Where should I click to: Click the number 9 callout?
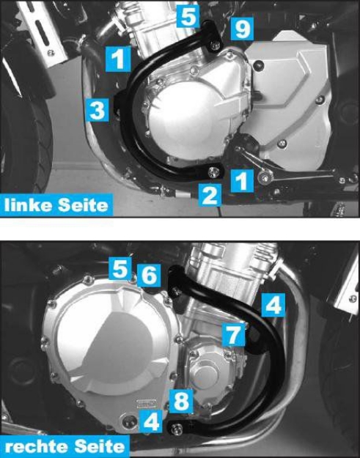241,30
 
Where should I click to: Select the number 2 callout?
210,195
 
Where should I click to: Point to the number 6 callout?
148,275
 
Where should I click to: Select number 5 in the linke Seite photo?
188,15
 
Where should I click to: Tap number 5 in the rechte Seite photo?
120,268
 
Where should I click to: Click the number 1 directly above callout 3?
117,59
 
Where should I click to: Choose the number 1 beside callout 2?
240,178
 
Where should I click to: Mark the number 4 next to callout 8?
150,421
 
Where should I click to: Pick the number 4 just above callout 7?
273,304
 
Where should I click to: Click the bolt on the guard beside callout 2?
213,173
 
